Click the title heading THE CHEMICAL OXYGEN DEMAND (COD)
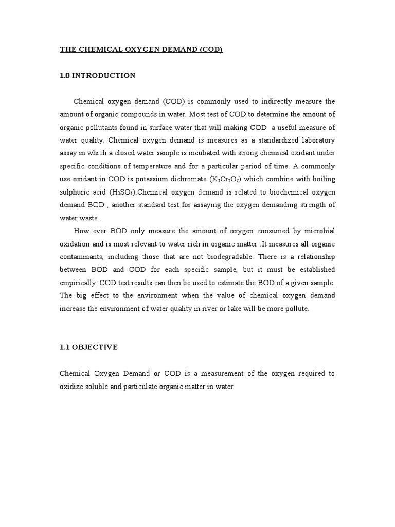[x=141, y=49]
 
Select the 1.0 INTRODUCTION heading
[x=98, y=76]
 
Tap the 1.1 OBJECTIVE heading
[x=89, y=347]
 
